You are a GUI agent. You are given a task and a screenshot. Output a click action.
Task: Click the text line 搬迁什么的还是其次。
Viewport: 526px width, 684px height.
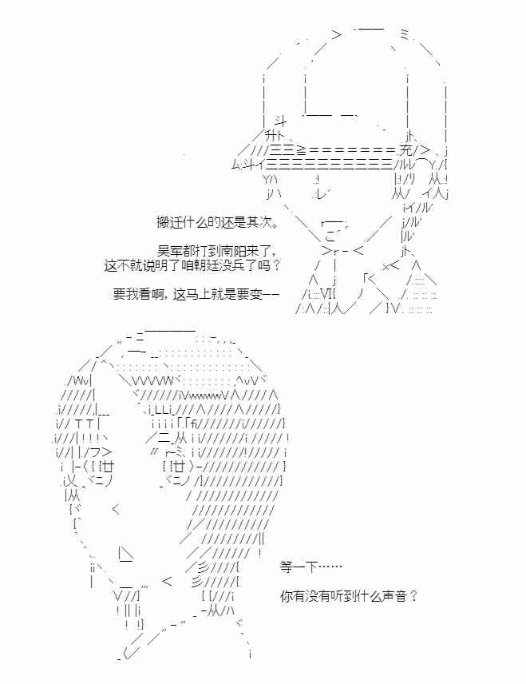(217, 222)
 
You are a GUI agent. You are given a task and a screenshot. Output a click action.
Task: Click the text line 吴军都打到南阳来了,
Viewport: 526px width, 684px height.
(217, 251)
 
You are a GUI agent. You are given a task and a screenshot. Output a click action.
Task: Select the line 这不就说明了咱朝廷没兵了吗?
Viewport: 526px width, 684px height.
(192, 265)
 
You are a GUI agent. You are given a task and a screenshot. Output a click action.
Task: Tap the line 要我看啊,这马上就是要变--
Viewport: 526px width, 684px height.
(196, 294)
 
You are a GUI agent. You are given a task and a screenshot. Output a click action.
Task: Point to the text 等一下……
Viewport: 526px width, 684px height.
(310, 567)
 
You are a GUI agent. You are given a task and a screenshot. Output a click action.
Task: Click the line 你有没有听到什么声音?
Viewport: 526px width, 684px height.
(349, 596)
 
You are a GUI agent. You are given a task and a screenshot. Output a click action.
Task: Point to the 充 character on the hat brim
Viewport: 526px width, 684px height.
(405, 151)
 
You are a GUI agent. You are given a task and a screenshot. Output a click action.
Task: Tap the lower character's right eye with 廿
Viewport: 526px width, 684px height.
(179, 467)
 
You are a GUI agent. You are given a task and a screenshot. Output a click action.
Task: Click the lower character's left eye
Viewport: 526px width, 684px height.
(101, 467)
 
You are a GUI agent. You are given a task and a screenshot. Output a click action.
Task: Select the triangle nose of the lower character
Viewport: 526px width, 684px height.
(125, 554)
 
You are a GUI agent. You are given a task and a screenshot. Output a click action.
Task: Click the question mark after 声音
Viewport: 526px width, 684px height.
(413, 596)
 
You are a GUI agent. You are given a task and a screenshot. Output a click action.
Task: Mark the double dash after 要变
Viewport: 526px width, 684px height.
(271, 294)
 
